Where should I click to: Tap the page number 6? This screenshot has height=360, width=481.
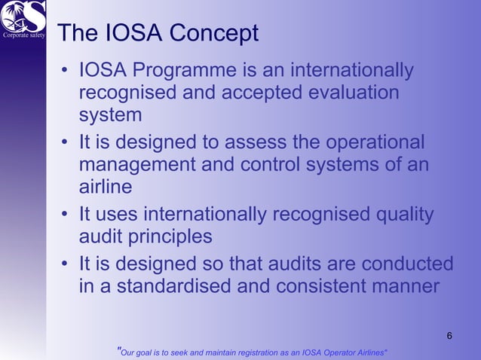point(450,335)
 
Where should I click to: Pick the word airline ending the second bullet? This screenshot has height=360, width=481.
point(106,186)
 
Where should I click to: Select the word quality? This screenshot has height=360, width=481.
point(404,215)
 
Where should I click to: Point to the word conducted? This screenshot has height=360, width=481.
point(408,264)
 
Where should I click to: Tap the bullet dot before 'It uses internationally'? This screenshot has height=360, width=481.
point(66,215)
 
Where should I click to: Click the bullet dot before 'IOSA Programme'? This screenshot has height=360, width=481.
point(66,72)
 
